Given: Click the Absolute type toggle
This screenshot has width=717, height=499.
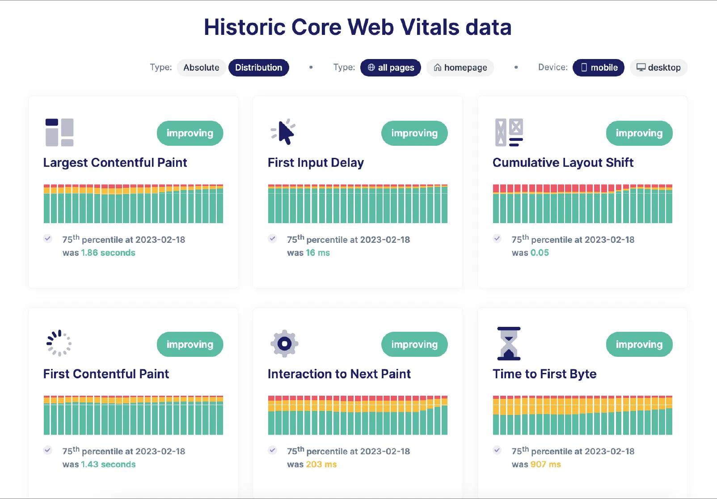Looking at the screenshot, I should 201,68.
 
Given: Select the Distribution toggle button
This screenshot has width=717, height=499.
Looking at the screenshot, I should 258,68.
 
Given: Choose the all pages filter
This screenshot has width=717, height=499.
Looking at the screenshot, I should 391,68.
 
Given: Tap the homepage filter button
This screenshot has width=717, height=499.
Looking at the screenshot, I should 460,68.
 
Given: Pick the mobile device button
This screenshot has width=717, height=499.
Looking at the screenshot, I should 599,68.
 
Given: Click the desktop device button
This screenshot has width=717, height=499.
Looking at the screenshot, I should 658,68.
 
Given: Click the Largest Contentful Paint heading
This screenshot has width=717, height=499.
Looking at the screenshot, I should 115,163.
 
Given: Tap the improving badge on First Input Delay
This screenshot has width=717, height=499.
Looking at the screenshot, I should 414,133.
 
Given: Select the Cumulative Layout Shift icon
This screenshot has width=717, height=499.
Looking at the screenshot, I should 509,132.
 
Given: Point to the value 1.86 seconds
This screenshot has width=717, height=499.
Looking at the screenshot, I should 108,253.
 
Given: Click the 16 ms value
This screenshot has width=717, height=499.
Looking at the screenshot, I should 318,253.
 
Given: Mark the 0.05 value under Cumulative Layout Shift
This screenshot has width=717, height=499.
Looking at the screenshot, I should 540,253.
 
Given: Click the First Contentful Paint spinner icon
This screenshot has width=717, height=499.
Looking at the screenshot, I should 59,343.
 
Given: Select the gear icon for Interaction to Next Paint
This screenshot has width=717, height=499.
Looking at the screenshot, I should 284,343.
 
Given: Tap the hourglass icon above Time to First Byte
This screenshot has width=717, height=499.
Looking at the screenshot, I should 509,343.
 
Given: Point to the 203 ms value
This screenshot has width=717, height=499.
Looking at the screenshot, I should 321,464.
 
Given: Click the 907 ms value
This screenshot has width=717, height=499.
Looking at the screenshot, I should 546,464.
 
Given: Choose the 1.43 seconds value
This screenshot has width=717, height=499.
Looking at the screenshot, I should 108,464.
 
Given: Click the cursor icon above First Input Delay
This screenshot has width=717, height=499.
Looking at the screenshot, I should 284,132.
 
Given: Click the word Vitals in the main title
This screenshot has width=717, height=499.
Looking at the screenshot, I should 430,27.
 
